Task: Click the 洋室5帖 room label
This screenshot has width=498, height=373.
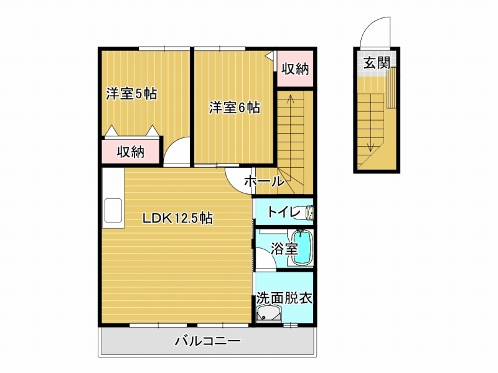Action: tap(131, 94)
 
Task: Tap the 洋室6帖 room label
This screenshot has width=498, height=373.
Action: tap(235, 108)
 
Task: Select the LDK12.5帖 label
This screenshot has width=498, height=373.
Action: tap(177, 218)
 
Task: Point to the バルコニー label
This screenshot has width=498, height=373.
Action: tap(208, 341)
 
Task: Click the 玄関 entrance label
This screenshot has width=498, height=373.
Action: tap(377, 63)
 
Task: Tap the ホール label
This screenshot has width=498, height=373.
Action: tap(264, 181)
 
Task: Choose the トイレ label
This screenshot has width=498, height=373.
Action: tap(284, 211)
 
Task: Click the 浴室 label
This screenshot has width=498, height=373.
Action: tap(284, 248)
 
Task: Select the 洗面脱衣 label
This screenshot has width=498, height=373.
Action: tap(284, 298)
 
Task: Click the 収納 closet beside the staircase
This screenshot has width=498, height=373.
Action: tap(295, 68)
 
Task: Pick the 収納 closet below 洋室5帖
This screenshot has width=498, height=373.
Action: tap(131, 152)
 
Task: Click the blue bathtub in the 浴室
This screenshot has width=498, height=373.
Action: tap(302, 247)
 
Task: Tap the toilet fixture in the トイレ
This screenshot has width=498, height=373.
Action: tap(308, 212)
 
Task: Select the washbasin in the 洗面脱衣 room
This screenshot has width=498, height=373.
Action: tap(269, 313)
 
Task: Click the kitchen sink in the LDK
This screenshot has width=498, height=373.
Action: tap(113, 210)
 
